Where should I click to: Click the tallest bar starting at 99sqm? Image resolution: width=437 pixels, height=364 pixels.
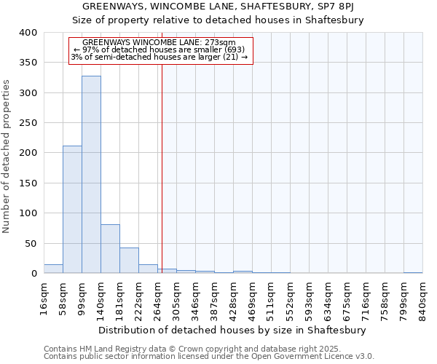pyautogui.click(x=91, y=175)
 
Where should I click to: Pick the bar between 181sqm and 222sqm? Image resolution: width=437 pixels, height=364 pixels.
pyautogui.click(x=129, y=261)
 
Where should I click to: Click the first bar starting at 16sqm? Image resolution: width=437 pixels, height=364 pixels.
pyautogui.click(x=53, y=269)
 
